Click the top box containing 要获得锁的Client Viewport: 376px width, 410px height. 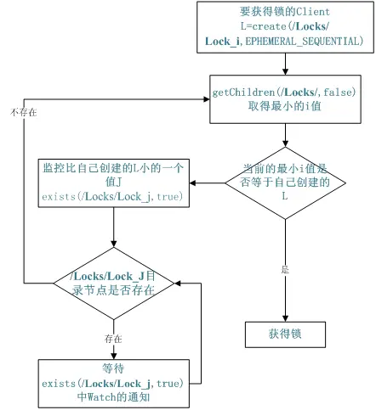tap(285, 26)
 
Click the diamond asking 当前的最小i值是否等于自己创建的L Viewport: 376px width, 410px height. tap(285, 183)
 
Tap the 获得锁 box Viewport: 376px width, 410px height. tap(285, 334)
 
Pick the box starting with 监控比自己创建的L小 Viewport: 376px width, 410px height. tap(114, 183)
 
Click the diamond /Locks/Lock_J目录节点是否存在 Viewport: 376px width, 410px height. tap(114, 282)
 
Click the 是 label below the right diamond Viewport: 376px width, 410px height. tap(285, 269)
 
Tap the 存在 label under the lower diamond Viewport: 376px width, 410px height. tap(113, 338)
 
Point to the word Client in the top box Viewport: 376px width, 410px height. tap(311, 12)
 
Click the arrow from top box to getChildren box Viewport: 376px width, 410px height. tap(285, 63)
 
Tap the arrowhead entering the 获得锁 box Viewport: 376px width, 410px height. tap(285, 317)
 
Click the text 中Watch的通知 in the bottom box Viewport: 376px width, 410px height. tap(114, 396)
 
